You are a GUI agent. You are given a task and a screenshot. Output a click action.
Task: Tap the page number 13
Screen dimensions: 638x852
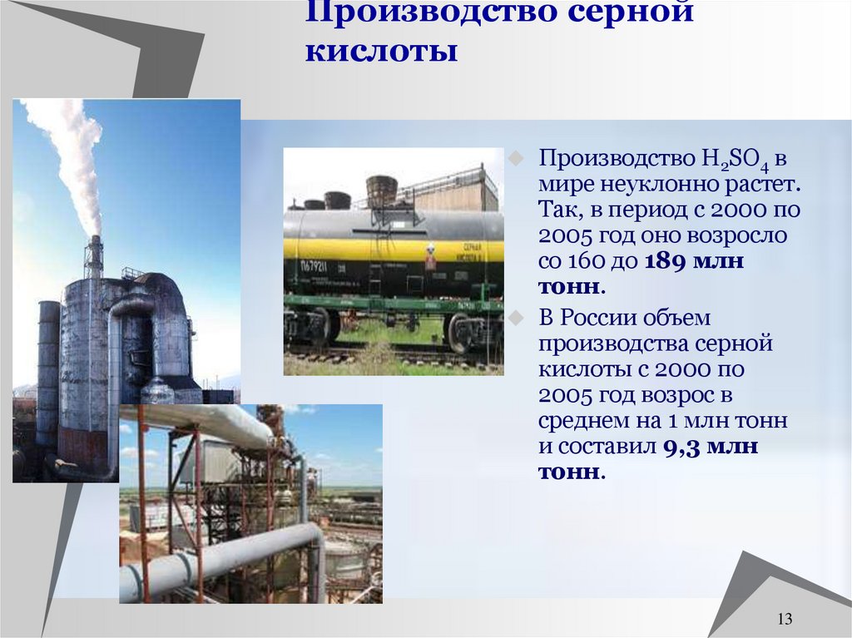coord(783,619)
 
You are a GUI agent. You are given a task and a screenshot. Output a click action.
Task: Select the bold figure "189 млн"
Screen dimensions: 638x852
coord(694,261)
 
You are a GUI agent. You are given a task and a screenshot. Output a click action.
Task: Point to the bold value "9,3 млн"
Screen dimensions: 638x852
coord(711,446)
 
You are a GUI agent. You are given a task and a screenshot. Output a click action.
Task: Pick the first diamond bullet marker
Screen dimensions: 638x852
coord(516,157)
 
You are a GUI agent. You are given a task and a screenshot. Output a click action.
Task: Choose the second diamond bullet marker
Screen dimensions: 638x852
coord(516,317)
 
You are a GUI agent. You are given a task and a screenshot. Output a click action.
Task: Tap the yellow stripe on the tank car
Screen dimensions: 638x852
coord(391,249)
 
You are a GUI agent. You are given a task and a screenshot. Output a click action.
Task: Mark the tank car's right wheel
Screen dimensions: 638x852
coord(460,332)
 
